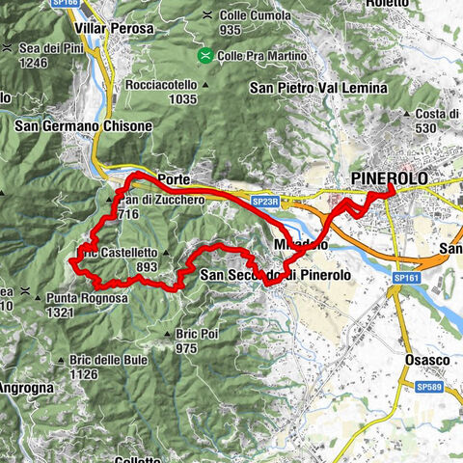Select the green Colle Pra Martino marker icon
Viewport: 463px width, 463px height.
204,56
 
